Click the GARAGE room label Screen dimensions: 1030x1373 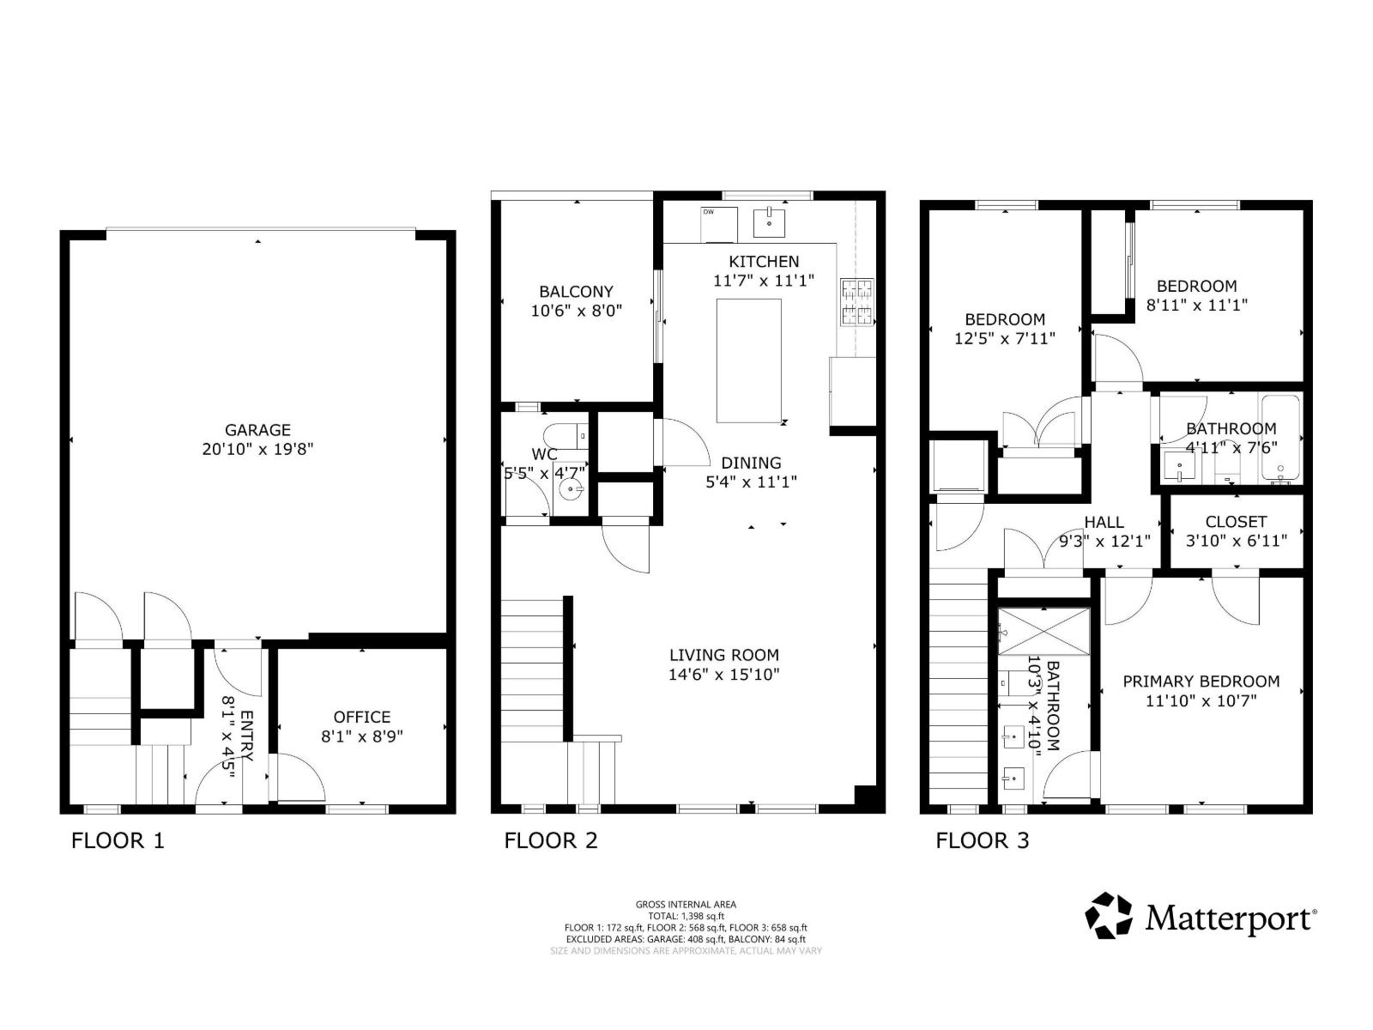tap(257, 430)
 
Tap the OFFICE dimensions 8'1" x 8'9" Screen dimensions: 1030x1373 tap(361, 736)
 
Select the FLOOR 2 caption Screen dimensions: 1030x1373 tap(550, 840)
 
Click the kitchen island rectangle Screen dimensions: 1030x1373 tap(748, 360)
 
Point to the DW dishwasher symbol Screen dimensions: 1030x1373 tap(719, 224)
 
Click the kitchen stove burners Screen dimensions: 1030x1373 tap(856, 302)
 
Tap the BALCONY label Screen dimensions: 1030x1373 tap(576, 292)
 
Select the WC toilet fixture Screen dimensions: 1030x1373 tap(568, 434)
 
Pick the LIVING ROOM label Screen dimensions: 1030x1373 tap(723, 655)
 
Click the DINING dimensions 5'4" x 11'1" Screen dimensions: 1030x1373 tap(751, 482)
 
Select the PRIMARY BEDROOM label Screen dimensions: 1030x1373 tap(1201, 682)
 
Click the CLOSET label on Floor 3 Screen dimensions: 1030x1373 tap(1236, 522)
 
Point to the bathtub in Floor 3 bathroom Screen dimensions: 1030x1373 tap(1280, 439)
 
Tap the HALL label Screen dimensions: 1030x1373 tap(1104, 522)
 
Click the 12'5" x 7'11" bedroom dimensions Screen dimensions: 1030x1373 tap(1004, 339)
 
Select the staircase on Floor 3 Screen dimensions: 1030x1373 tap(959, 687)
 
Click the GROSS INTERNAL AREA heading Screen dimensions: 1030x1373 tap(686, 904)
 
